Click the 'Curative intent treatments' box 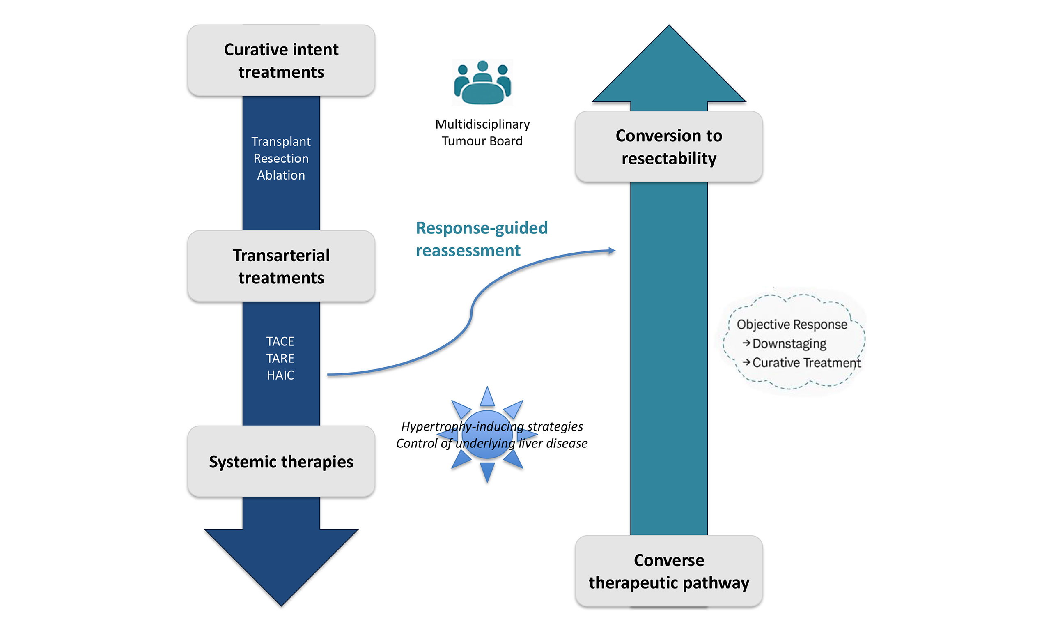[x=281, y=60]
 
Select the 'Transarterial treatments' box [x=281, y=266]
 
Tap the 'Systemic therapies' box [x=281, y=461]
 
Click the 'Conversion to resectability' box [x=668, y=147]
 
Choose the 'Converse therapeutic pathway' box [x=668, y=571]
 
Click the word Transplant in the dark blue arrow [x=281, y=142]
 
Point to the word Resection [x=281, y=159]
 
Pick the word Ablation [x=281, y=175]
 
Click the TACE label [x=280, y=341]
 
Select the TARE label [x=280, y=359]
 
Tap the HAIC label [x=280, y=375]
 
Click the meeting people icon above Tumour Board [x=482, y=83]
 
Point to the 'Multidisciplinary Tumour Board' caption [x=482, y=133]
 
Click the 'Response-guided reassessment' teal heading [x=481, y=239]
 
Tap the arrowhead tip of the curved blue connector [x=613, y=251]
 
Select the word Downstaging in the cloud [x=789, y=343]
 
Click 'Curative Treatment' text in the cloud [x=806, y=363]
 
